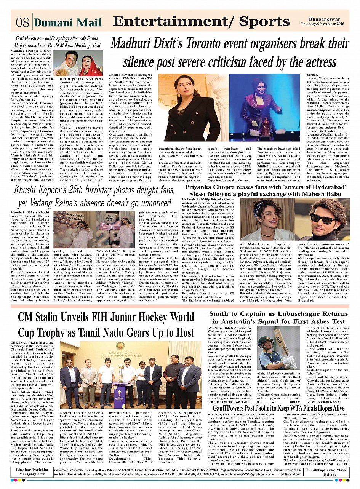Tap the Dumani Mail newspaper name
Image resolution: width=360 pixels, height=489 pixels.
click(x=67, y=23)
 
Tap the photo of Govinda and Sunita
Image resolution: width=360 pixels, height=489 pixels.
click(x=78, y=62)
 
